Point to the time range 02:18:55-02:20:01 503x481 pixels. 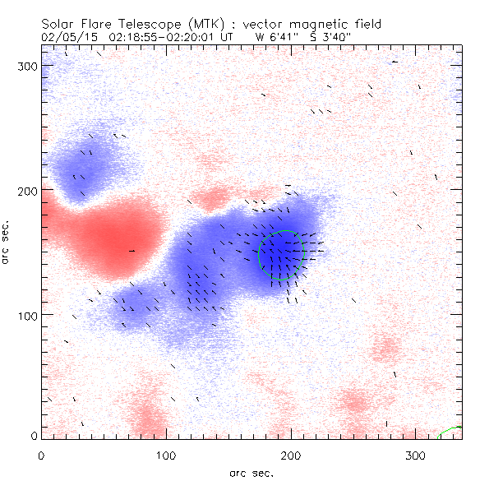point(173,36)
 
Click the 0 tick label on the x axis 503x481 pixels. point(41,455)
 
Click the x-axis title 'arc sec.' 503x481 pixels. point(251,473)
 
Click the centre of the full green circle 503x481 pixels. point(282,254)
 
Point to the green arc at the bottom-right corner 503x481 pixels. point(451,430)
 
